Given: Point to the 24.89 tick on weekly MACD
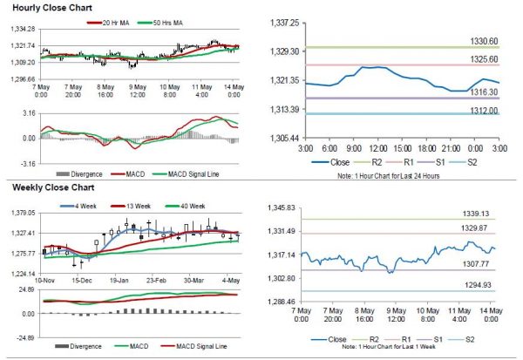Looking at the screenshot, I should [x=24, y=289].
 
